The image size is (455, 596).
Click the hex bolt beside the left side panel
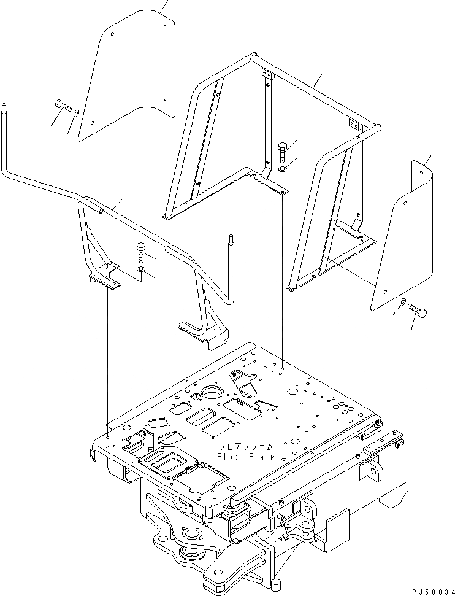63,106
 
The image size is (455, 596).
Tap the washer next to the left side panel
75,113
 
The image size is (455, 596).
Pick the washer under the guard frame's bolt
281,168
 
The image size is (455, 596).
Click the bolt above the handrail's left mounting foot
140,252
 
